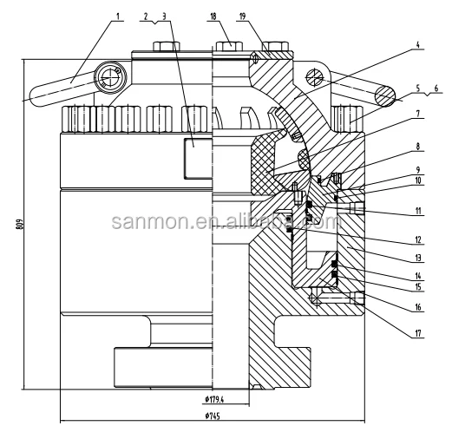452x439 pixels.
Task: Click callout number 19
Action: [242, 16]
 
